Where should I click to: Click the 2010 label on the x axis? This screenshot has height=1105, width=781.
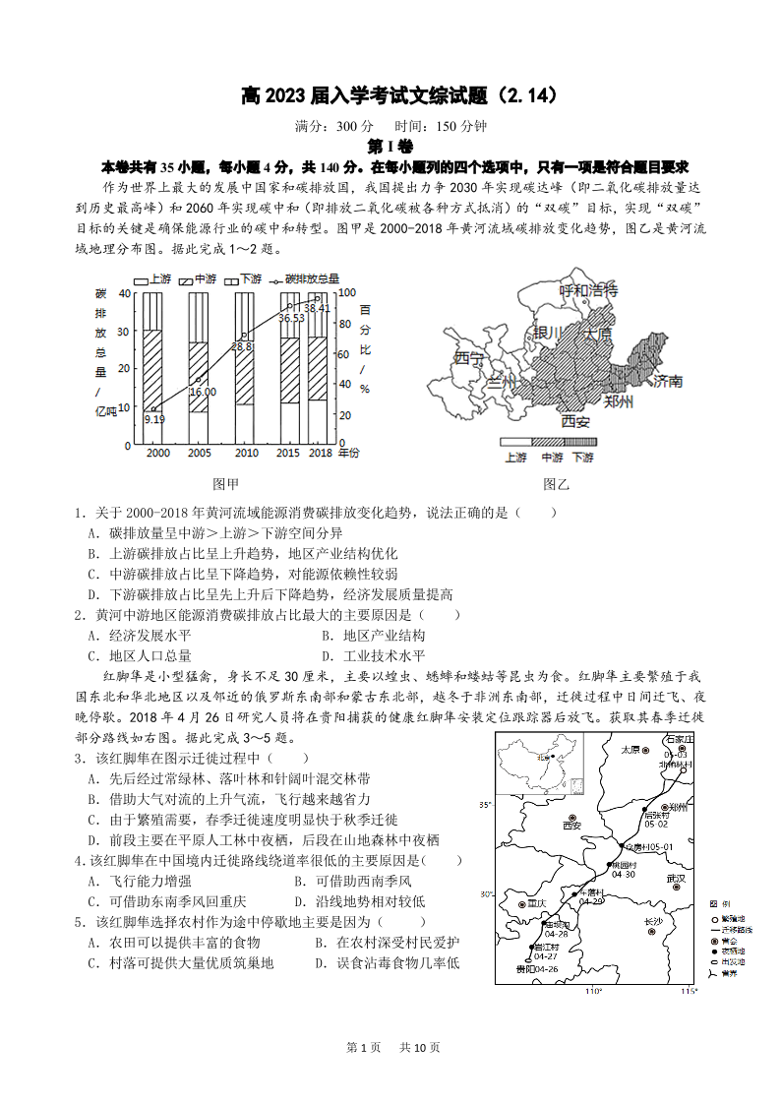(246, 453)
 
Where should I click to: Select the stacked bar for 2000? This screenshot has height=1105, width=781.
(151, 369)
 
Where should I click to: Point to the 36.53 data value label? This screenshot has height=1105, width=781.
(290, 318)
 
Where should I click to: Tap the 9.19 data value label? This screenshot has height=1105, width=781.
(153, 419)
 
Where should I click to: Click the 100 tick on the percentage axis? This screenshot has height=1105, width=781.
(345, 293)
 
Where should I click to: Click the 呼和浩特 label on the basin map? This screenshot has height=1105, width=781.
(588, 290)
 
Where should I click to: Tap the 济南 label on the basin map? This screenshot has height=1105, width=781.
(668, 381)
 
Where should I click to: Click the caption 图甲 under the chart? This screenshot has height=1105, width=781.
(226, 484)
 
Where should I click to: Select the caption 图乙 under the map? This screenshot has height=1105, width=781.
(556, 484)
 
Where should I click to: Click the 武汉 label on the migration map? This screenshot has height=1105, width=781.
(675, 878)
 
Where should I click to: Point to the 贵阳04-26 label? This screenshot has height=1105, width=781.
(537, 969)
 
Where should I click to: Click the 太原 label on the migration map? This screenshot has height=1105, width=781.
(631, 750)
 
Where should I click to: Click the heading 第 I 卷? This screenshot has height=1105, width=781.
(390, 147)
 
